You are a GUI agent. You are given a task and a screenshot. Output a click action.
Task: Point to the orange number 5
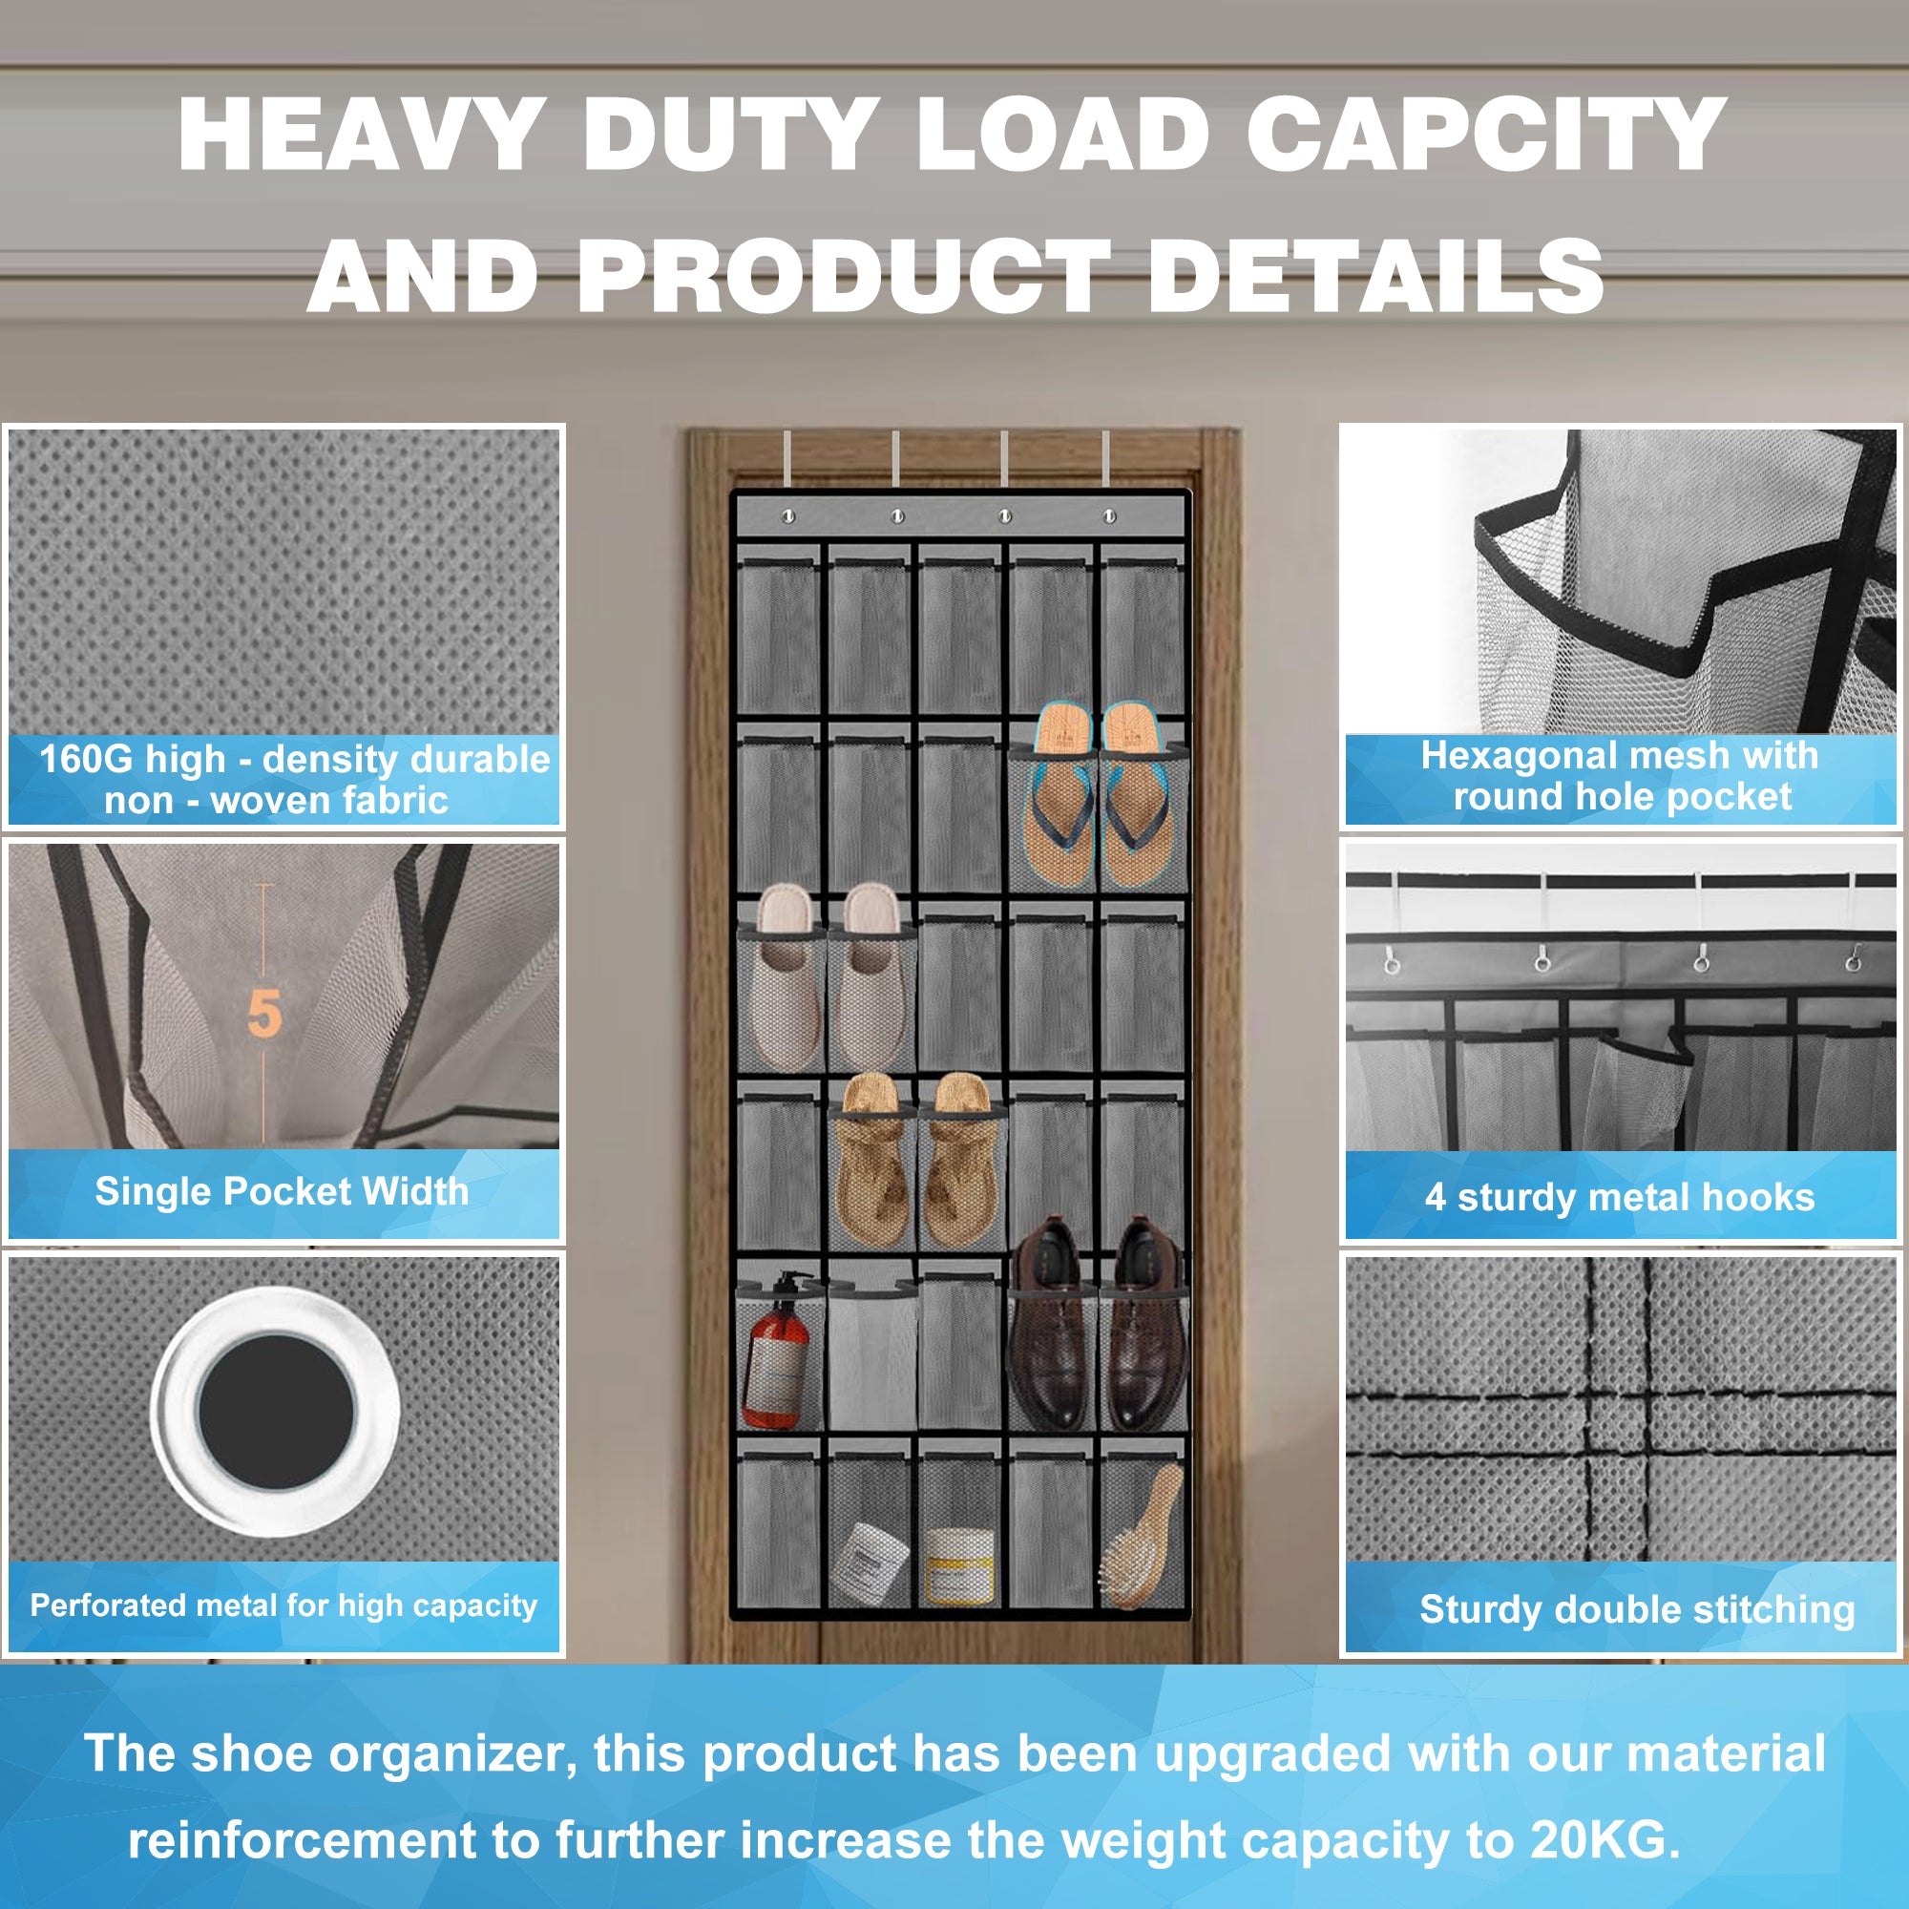(263, 1013)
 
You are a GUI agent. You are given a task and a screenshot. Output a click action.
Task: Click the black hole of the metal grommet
(276, 1410)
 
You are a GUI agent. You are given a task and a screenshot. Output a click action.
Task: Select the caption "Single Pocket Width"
(282, 1191)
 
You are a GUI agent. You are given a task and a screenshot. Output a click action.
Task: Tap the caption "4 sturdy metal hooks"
(1620, 1198)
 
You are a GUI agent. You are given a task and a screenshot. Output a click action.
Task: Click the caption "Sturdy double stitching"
(1636, 1609)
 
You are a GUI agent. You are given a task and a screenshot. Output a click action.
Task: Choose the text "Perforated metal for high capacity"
(283, 1605)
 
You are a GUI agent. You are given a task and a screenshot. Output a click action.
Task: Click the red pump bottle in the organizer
(778, 1351)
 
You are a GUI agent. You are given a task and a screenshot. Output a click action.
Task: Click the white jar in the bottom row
(871, 1560)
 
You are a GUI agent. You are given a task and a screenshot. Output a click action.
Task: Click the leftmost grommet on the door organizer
(788, 516)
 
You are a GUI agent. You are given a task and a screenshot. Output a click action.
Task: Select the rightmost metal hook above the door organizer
(1105, 458)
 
